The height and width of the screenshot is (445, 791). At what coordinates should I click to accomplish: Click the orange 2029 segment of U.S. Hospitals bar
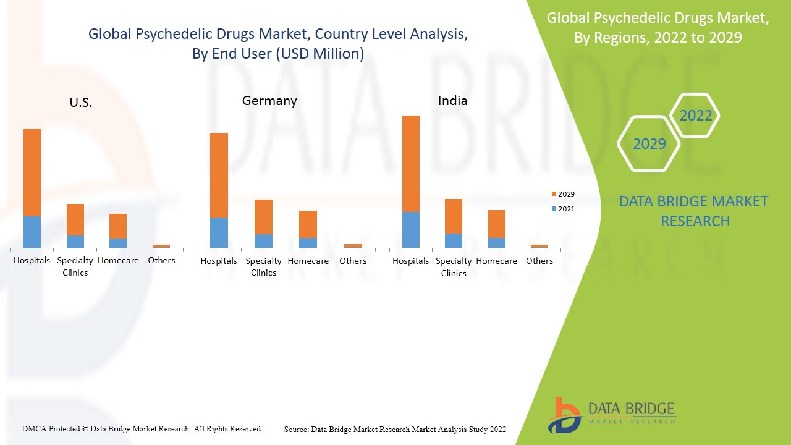pyautogui.click(x=32, y=172)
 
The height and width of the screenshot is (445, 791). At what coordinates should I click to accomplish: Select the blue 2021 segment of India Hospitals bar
pyautogui.click(x=411, y=230)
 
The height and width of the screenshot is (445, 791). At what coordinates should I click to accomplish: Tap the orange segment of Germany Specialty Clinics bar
pyautogui.click(x=263, y=217)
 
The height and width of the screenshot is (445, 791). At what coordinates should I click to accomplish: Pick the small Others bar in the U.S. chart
pyautogui.click(x=161, y=246)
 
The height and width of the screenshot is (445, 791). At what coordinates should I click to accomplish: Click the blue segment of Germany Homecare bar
pyautogui.click(x=308, y=243)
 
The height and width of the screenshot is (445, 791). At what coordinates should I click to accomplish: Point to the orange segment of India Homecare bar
pyautogui.click(x=497, y=224)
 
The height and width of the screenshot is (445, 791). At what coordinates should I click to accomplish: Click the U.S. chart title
pyautogui.click(x=81, y=103)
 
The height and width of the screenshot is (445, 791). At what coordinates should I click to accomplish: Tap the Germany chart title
pyautogui.click(x=269, y=100)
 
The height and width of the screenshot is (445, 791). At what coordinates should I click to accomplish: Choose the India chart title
pyautogui.click(x=453, y=100)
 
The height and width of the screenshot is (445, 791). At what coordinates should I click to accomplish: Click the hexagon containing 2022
pyautogui.click(x=695, y=116)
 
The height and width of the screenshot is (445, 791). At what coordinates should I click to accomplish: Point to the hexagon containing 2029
pyautogui.click(x=649, y=144)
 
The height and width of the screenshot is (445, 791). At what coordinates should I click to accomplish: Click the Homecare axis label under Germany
pyautogui.click(x=308, y=261)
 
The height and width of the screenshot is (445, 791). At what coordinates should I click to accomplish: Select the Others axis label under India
pyautogui.click(x=539, y=261)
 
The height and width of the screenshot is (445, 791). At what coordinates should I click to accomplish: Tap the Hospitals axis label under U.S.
pyautogui.click(x=32, y=260)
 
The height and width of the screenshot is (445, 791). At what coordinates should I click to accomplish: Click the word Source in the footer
pyautogui.click(x=296, y=429)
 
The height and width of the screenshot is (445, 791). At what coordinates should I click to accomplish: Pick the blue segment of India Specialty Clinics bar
pyautogui.click(x=454, y=241)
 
